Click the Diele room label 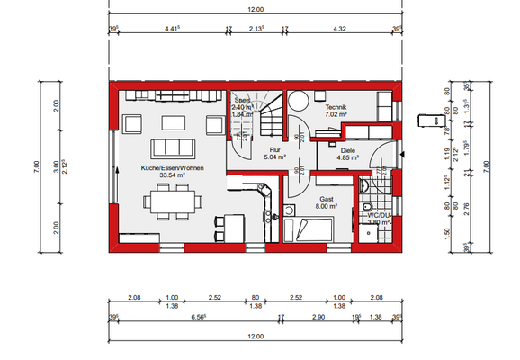(347, 150)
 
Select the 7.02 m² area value (336, 115)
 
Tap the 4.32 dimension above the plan (340, 29)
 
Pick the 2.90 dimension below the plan (318, 318)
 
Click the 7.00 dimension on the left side (36, 165)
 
